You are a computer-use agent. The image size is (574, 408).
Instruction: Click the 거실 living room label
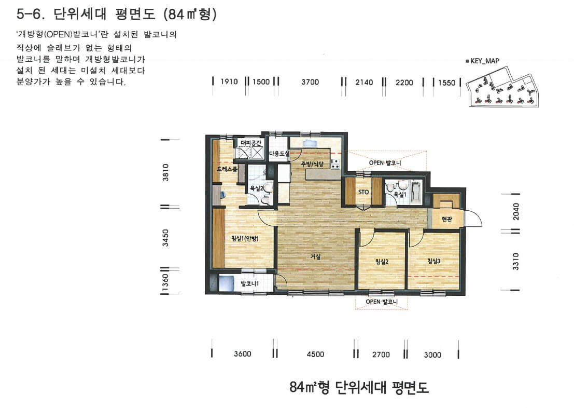point(315,257)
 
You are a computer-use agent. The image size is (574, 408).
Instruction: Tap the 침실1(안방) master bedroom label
point(245,239)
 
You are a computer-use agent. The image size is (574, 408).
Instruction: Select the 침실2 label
point(382,262)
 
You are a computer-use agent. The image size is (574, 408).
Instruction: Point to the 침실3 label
point(434,261)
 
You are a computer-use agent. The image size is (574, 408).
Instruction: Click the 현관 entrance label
point(446,219)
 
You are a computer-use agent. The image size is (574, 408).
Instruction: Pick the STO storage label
point(363,192)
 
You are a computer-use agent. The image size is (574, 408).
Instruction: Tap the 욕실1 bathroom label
point(400,195)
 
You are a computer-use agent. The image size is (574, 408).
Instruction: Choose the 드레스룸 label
point(227,169)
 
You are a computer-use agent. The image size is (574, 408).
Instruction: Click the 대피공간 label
point(251,143)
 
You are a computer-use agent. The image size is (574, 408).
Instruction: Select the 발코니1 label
point(249,284)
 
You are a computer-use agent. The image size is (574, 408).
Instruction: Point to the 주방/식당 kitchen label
point(312,164)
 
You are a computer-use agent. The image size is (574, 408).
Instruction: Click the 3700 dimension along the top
point(310,82)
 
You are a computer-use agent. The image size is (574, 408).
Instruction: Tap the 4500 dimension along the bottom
point(315,354)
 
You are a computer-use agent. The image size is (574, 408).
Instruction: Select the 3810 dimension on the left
point(166,172)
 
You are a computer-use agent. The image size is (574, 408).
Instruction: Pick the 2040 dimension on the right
point(516,211)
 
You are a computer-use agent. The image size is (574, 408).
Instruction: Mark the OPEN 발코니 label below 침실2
point(382,302)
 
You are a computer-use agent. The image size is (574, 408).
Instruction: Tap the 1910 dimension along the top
point(229,81)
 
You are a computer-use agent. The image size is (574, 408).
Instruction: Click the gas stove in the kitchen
point(335,164)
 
